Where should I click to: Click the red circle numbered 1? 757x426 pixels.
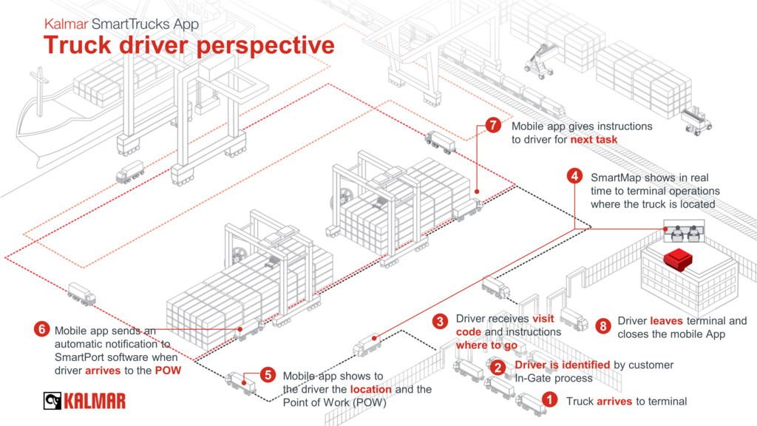549,400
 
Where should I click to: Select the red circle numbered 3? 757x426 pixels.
441,321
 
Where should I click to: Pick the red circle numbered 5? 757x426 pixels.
268,375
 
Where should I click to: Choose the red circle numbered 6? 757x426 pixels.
41,330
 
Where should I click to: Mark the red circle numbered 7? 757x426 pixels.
494,125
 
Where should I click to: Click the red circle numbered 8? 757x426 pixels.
603,324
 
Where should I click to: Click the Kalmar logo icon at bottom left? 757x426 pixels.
52,402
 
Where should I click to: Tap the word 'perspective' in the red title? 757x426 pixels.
265,45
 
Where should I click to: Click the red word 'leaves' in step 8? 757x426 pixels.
666,321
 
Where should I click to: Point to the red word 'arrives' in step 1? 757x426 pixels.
614,402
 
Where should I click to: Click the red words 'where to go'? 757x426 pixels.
487,345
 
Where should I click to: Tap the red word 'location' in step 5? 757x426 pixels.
370,389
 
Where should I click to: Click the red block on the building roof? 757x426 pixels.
678,260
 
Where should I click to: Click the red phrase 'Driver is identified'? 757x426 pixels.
562,365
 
